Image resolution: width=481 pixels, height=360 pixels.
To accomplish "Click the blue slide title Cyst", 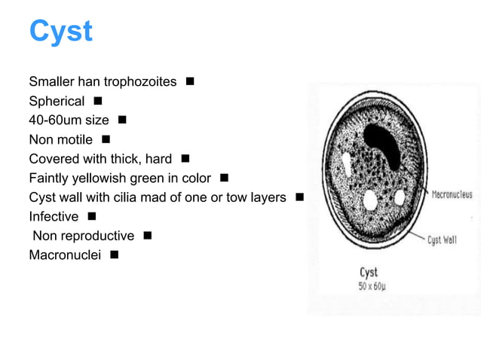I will pyautogui.click(x=60, y=32).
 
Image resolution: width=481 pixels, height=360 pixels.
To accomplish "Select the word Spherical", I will pyautogui.click(x=57, y=101).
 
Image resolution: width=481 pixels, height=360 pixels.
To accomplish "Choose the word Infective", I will pyautogui.click(x=54, y=218).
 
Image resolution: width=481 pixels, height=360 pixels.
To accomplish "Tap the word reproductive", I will pyautogui.click(x=97, y=236).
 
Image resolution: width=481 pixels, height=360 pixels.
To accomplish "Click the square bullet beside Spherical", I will pyautogui.click(x=98, y=100).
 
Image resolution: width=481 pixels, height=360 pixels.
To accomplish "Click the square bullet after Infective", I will pyautogui.click(x=91, y=217).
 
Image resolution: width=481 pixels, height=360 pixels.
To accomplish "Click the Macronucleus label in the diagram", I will pyautogui.click(x=452, y=195).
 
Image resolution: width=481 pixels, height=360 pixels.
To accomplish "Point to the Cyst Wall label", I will pyautogui.click(x=442, y=240).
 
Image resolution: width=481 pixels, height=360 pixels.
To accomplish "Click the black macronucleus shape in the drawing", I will pyautogui.click(x=384, y=143).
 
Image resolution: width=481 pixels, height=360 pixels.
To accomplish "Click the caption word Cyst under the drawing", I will pyautogui.click(x=368, y=272).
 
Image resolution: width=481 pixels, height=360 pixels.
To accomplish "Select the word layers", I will pyautogui.click(x=267, y=198).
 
